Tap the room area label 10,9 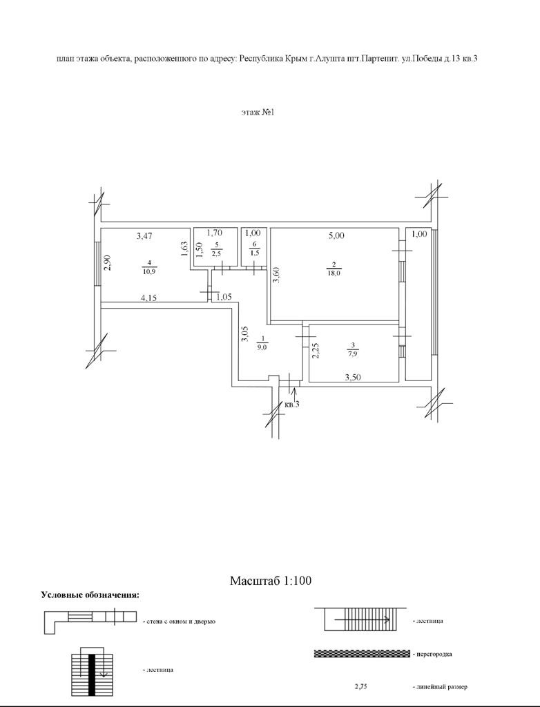click(x=148, y=272)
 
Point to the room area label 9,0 click(x=262, y=347)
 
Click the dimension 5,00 click(x=336, y=236)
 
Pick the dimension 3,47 click(x=144, y=236)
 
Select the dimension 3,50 click(x=354, y=376)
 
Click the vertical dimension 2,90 click(x=108, y=263)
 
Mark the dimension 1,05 click(x=223, y=298)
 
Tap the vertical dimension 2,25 click(x=315, y=351)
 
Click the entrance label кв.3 click(x=291, y=404)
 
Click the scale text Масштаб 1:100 click(x=270, y=581)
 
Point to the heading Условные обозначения click(x=90, y=595)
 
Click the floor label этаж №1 click(x=258, y=112)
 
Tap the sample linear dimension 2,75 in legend click(x=361, y=687)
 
